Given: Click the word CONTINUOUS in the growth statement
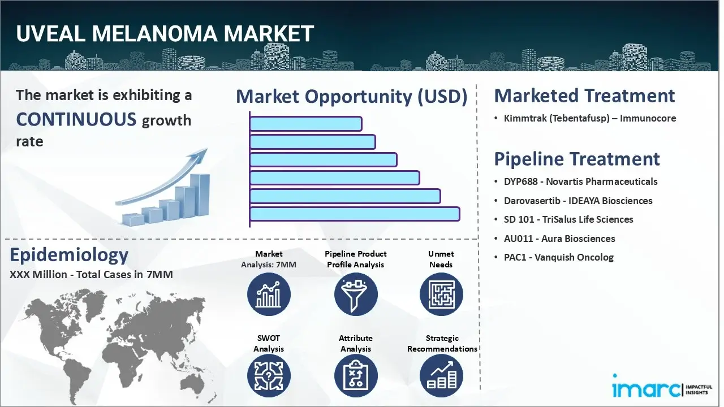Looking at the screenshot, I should (x=76, y=119).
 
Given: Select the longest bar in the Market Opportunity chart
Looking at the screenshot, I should (x=354, y=214).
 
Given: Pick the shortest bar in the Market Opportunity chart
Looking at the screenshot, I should (x=305, y=124).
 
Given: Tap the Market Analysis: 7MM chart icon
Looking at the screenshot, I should (x=269, y=295).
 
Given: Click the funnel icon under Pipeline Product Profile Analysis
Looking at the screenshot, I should (x=356, y=295).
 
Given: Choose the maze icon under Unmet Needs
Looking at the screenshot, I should (x=441, y=295).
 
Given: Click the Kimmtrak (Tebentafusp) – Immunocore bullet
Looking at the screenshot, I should (x=590, y=119).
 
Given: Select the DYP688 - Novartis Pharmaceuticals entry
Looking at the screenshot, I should (x=580, y=182).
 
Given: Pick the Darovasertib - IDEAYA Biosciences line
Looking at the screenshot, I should (x=578, y=201).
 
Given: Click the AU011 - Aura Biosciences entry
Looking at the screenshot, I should (x=559, y=239).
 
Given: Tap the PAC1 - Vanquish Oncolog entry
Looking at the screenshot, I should (x=558, y=257).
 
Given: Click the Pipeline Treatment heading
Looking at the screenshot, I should (x=577, y=159).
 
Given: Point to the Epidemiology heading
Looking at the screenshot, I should (x=69, y=256).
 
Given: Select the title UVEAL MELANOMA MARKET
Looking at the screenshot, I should (x=165, y=34).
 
